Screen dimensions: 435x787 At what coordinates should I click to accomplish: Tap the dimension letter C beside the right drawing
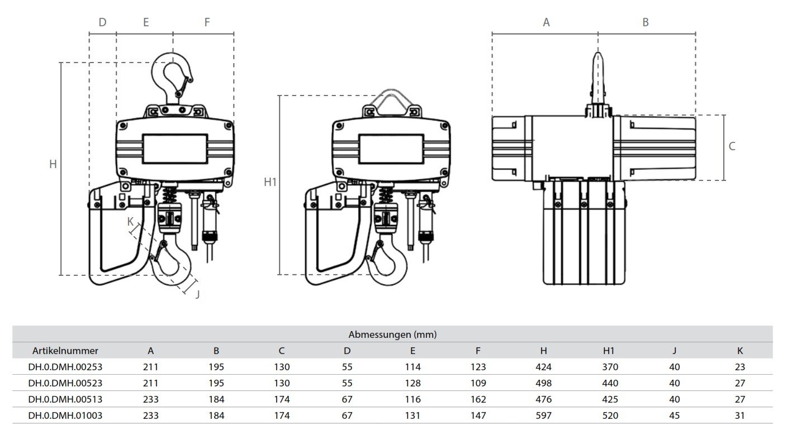pyautogui.click(x=732, y=146)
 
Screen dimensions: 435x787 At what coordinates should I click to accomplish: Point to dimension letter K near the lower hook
pyautogui.click(x=130, y=221)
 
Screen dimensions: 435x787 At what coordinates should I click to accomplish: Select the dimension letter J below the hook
pyautogui.click(x=197, y=294)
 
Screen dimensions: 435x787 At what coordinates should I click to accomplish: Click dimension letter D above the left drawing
pyautogui.click(x=102, y=22)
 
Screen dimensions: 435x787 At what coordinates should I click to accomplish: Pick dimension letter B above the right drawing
pyautogui.click(x=645, y=22)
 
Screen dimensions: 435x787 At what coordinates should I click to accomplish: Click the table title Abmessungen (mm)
pyautogui.click(x=392, y=334)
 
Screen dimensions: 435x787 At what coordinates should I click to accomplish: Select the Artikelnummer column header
pyautogui.click(x=65, y=351)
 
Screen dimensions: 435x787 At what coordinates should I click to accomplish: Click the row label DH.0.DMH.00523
pyautogui.click(x=65, y=383)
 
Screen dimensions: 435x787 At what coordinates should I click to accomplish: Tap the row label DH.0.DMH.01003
pyautogui.click(x=65, y=415)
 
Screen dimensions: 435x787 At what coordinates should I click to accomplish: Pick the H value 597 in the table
pyautogui.click(x=543, y=415)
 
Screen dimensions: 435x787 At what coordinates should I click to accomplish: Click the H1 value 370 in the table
pyautogui.click(x=609, y=367)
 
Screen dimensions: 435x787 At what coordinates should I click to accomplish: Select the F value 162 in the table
pyautogui.click(x=478, y=399)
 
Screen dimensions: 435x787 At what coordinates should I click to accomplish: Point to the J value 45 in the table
pyautogui.click(x=674, y=415)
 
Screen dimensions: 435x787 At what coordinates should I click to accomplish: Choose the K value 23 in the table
pyautogui.click(x=739, y=367)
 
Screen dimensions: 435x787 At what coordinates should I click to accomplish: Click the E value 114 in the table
pyautogui.click(x=413, y=367)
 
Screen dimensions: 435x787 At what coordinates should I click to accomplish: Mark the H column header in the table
pyautogui.click(x=543, y=351)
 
